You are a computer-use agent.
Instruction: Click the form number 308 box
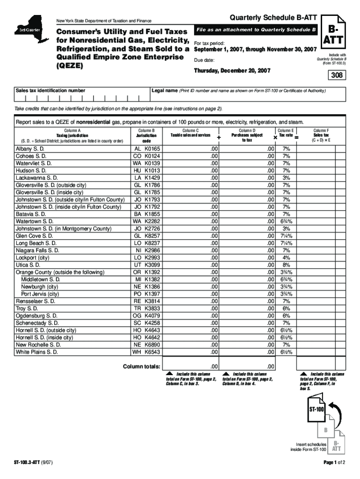pos(338,75)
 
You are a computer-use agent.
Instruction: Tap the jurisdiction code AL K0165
pos(146,149)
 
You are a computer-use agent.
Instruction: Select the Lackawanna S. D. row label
pos(37,178)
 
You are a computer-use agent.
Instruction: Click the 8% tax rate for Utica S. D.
pos(286,265)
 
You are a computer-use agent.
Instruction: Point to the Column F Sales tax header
pos(321,135)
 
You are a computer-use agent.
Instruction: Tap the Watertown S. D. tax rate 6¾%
pos(286,221)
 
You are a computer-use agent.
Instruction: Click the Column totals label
pos(142,366)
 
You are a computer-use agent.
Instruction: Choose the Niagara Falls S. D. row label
pos(37,250)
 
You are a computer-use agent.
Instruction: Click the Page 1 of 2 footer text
pos(331,463)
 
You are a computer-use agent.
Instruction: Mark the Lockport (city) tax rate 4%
pos(286,257)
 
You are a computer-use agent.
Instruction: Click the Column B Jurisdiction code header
pos(146,135)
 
